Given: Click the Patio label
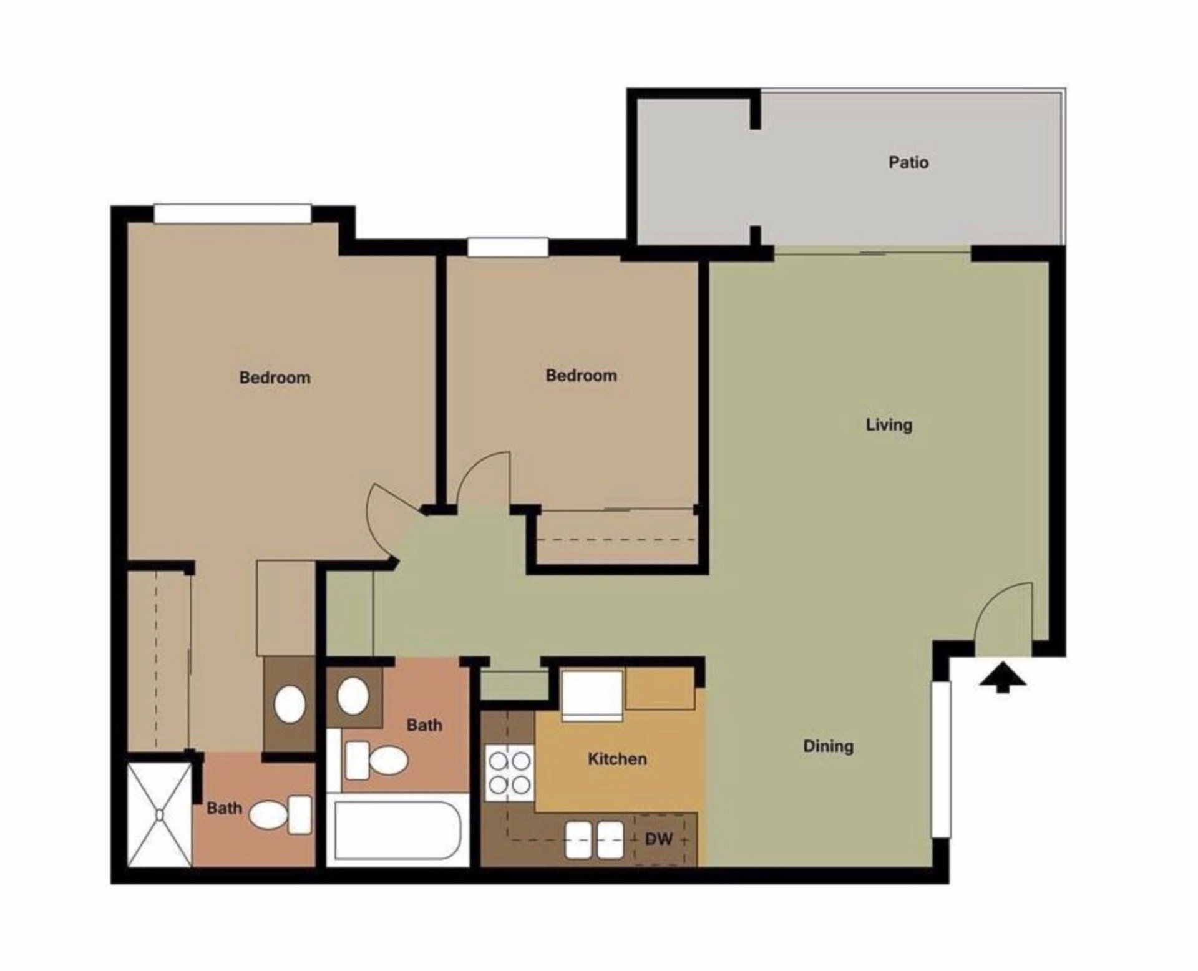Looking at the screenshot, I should [x=908, y=162].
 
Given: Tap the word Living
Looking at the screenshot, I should [x=889, y=425].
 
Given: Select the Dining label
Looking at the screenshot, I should [x=828, y=746].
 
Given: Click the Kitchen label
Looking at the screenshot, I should [x=617, y=759].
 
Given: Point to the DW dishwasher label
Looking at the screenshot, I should [x=658, y=839].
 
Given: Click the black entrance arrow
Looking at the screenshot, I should [x=1002, y=678].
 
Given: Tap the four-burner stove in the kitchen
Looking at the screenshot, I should [x=509, y=773].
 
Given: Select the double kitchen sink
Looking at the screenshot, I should [x=594, y=839].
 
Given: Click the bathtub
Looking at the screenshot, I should [x=397, y=830].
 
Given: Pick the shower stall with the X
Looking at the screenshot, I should [x=160, y=814].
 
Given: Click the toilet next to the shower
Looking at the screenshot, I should [x=280, y=814].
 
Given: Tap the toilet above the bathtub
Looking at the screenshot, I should [x=377, y=760].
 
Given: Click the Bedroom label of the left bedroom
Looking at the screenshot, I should [x=275, y=378].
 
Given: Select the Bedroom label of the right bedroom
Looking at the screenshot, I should [x=581, y=376].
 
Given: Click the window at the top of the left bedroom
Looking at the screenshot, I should [x=232, y=213].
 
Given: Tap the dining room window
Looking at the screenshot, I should [x=941, y=759].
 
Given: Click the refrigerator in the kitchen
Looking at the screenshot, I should [x=592, y=695].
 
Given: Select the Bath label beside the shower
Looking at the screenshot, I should [x=224, y=808].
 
